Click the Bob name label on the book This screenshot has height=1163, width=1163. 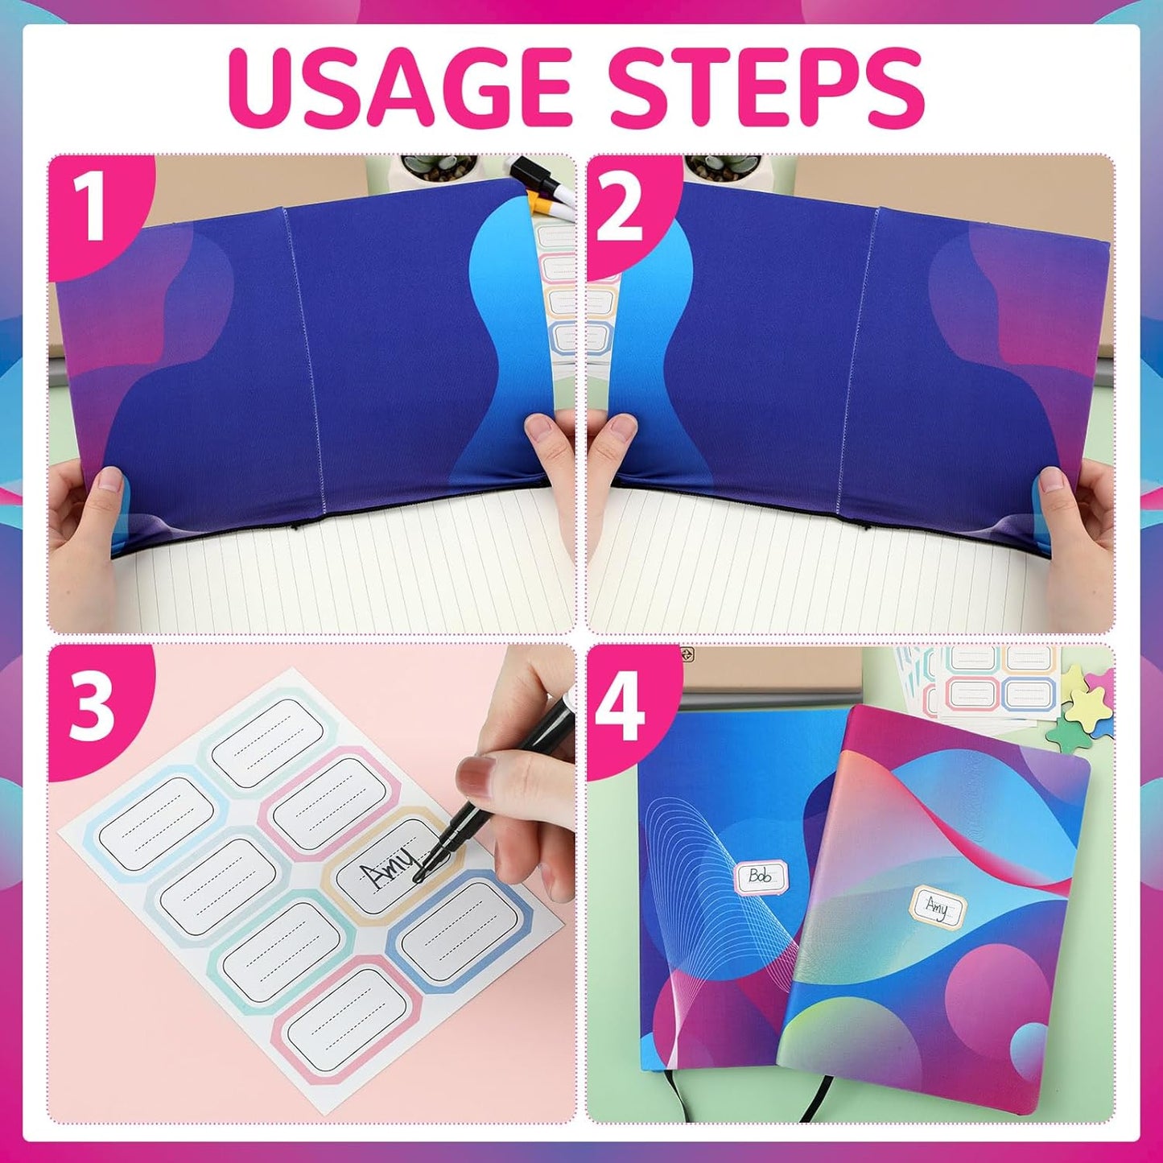[761, 876]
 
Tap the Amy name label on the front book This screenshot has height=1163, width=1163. [937, 907]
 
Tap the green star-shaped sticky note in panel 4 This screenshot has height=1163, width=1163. [1083, 712]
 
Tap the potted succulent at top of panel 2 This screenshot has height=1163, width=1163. [712, 170]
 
